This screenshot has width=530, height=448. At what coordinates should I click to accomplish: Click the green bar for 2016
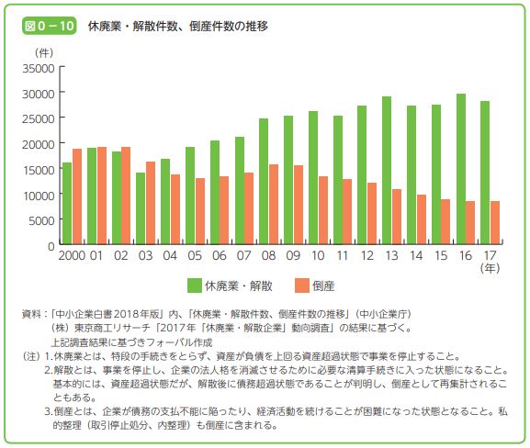(x=461, y=169)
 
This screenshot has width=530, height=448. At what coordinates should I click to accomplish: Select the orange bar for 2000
(x=77, y=196)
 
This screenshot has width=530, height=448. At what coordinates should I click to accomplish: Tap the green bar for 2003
(x=141, y=208)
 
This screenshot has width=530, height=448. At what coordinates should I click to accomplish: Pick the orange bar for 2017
(x=495, y=223)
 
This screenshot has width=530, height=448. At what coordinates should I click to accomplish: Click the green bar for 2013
(x=387, y=170)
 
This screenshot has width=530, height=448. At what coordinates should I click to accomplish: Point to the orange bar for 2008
(x=274, y=204)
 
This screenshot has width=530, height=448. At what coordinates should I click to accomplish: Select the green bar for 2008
(x=264, y=181)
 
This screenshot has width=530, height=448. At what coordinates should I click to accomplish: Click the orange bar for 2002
(x=126, y=196)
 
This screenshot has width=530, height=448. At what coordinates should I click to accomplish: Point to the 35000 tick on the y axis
(x=62, y=67)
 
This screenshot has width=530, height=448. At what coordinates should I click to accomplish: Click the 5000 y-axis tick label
(x=41, y=221)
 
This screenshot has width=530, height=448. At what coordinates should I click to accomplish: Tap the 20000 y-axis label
(x=39, y=145)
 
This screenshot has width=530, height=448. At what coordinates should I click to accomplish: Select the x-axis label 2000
(x=72, y=255)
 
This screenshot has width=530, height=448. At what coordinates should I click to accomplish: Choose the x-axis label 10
(x=318, y=255)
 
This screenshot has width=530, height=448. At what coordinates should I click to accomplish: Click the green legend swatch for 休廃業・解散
(x=195, y=286)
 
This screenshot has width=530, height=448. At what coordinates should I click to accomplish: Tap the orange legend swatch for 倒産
(x=302, y=286)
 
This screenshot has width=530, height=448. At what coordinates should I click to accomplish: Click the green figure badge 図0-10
(x=50, y=26)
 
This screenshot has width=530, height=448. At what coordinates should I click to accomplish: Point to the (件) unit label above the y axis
(x=44, y=52)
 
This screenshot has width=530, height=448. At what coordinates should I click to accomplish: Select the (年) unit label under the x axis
(x=490, y=268)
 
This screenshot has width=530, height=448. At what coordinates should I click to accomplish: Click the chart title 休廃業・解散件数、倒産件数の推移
(x=178, y=26)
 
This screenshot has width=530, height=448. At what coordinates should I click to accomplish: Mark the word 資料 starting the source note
(x=31, y=314)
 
